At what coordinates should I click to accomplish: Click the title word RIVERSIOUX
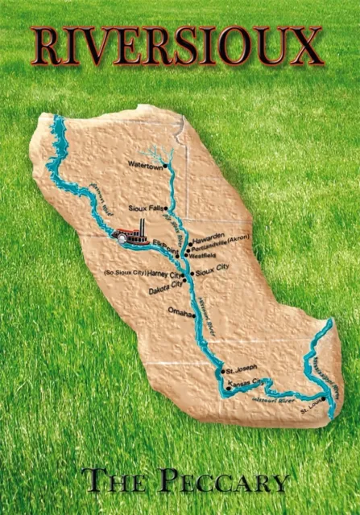click(177, 46)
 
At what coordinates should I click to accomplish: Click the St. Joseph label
click(241, 368)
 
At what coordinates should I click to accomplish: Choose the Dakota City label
click(165, 286)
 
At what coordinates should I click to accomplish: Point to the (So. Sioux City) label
click(124, 273)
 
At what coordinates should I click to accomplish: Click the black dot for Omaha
click(194, 315)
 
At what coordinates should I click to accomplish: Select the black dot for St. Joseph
click(222, 371)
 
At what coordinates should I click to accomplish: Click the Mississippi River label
click(327, 376)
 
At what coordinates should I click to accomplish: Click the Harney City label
click(166, 274)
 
